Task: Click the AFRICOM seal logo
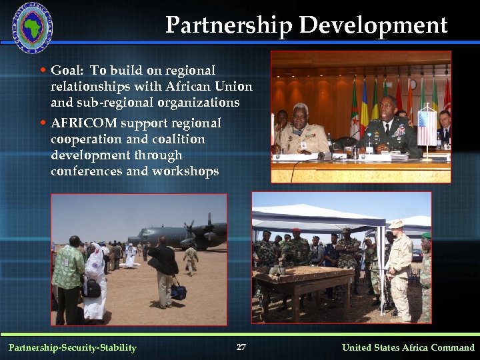[31, 27]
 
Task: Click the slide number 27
[241, 347]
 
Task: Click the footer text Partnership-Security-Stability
[72, 347]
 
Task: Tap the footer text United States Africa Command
[408, 347]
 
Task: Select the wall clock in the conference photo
[413, 85]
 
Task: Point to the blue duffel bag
[179, 290]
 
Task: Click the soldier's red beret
[296, 230]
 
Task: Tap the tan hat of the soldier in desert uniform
[397, 224]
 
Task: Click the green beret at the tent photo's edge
[426, 235]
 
